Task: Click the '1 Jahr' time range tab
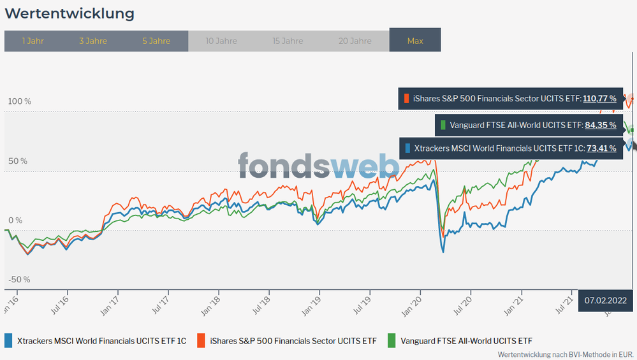pos(33,41)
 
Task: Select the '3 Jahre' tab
pos(93,41)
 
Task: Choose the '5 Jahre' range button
pos(156,41)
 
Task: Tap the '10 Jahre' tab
pos(221,41)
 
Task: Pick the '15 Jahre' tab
pos(288,41)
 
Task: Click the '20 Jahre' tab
pos(355,41)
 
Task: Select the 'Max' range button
pos(415,41)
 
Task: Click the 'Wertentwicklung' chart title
pos(70,13)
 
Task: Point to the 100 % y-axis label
pos(19,101)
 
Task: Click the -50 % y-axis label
pos(19,280)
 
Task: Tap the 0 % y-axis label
pos(15,220)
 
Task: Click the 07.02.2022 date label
pos(605,300)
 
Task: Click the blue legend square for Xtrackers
pos(9,340)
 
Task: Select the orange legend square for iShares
pos(201,340)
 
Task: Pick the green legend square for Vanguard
pos(391,340)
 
